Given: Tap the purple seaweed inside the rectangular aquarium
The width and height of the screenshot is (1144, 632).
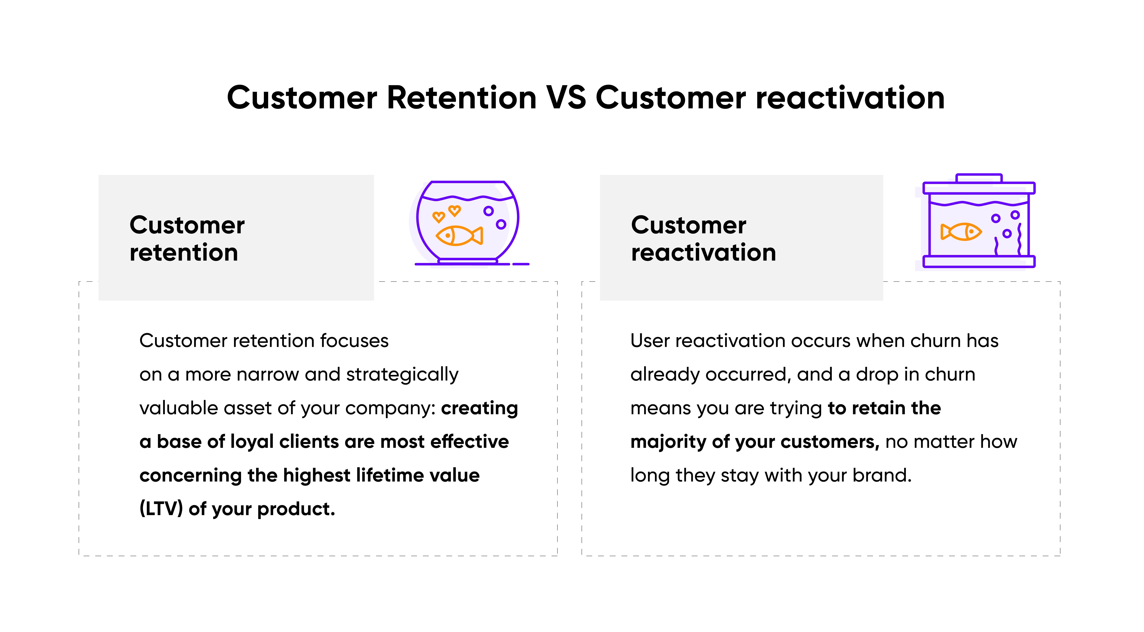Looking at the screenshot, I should (x=1019, y=240).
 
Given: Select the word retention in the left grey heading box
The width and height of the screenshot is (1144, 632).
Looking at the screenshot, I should (x=184, y=253).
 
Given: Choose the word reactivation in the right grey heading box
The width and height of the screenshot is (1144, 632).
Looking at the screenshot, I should (x=703, y=253).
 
